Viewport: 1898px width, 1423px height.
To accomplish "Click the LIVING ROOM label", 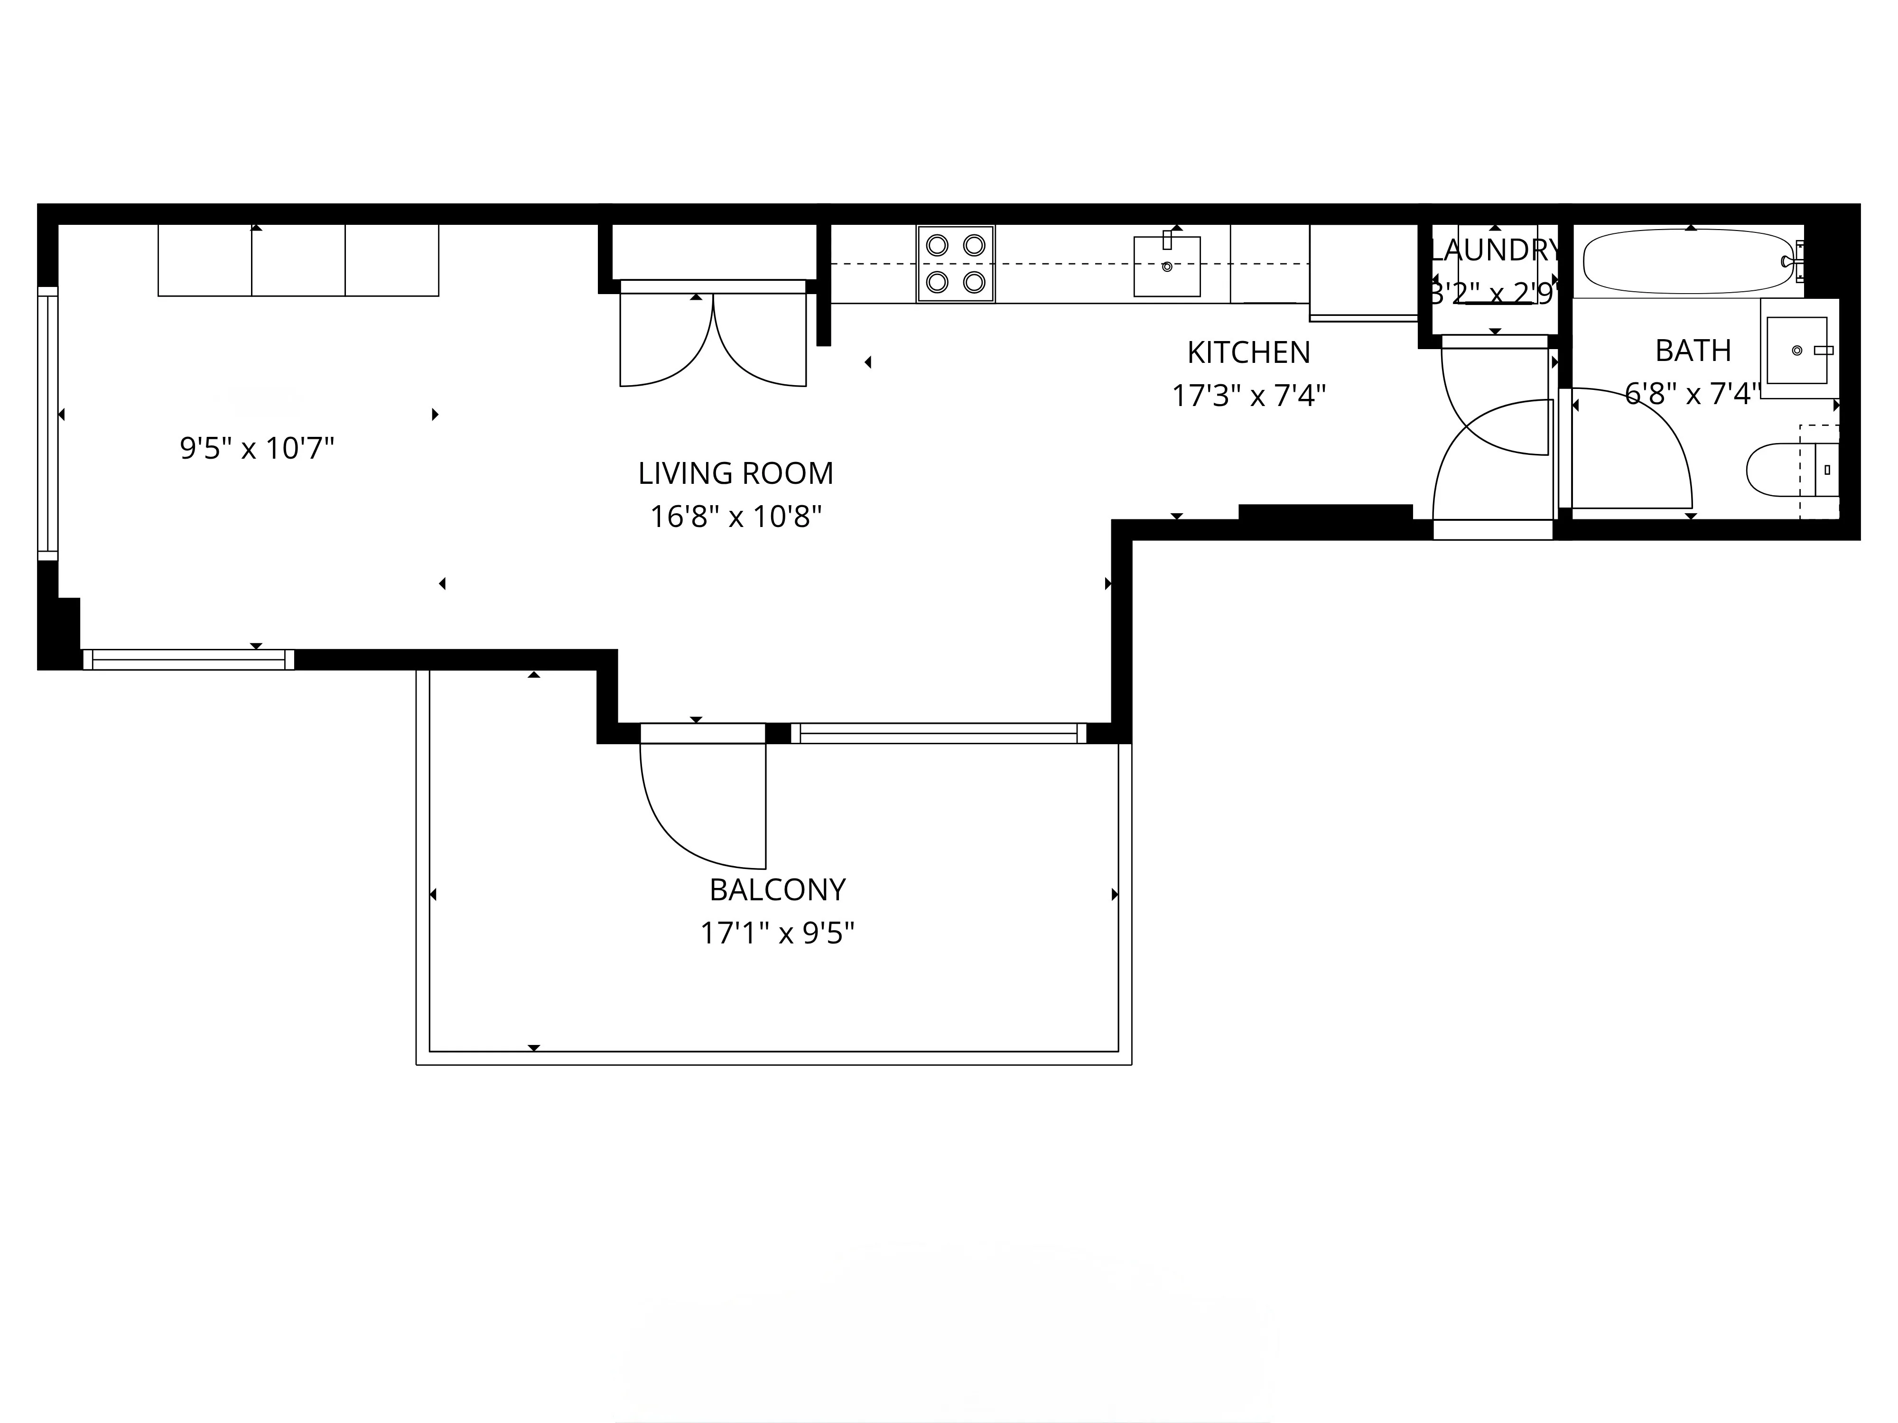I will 735,473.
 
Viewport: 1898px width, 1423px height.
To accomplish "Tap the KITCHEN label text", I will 1248,352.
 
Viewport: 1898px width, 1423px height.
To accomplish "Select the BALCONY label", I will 777,889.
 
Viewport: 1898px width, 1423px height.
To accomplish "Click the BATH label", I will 1692,351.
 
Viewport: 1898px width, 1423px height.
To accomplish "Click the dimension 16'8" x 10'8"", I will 735,517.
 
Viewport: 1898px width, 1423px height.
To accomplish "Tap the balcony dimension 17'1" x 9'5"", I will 777,933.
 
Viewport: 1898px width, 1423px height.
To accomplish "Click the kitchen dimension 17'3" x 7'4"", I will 1248,396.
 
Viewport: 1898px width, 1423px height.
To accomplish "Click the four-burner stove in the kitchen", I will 955,263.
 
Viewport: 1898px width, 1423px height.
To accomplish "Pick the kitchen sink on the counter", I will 1166,267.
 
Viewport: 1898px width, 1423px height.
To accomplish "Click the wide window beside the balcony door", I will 938,733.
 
